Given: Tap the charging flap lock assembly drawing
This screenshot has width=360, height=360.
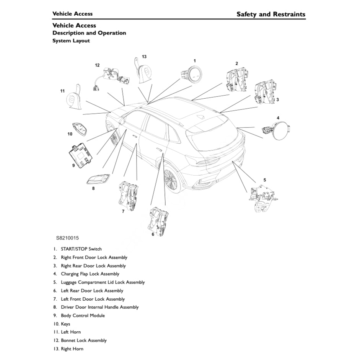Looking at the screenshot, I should pyautogui.click(x=277, y=130).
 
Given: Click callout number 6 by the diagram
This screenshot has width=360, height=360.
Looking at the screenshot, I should pyautogui.click(x=153, y=234).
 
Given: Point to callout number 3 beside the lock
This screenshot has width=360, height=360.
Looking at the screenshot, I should pyautogui.click(x=277, y=100).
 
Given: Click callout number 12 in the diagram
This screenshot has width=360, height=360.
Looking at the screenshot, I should pyautogui.click(x=97, y=65).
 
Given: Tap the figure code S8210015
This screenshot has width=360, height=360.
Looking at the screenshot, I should pyautogui.click(x=67, y=238).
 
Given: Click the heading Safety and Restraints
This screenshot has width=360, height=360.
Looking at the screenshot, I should pyautogui.click(x=270, y=15).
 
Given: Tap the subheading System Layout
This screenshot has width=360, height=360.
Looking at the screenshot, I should pyautogui.click(x=71, y=41).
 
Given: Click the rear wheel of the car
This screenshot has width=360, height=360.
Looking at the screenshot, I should pyautogui.click(x=171, y=178).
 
